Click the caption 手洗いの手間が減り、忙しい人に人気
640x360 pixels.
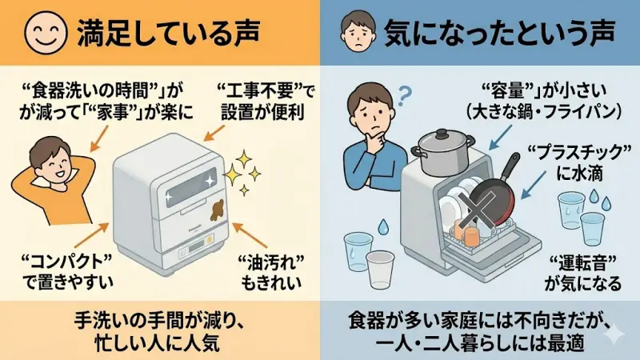point(159,330)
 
